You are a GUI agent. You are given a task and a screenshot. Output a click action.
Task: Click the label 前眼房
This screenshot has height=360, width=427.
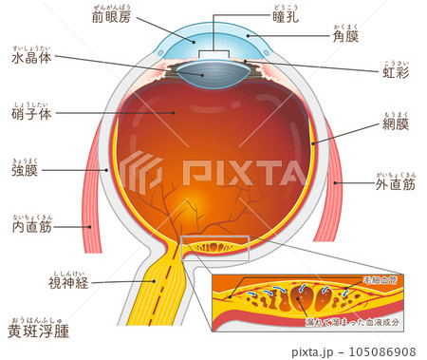[x=113, y=17]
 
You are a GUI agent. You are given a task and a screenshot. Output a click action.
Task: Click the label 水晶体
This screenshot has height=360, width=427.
[x=31, y=59]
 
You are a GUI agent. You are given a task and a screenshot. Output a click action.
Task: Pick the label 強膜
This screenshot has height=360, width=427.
[x=25, y=171]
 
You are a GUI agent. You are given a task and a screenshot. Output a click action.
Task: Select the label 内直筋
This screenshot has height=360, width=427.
[x=31, y=227]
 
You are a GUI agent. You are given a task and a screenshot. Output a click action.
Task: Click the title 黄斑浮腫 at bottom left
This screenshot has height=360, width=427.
[x=39, y=332]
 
